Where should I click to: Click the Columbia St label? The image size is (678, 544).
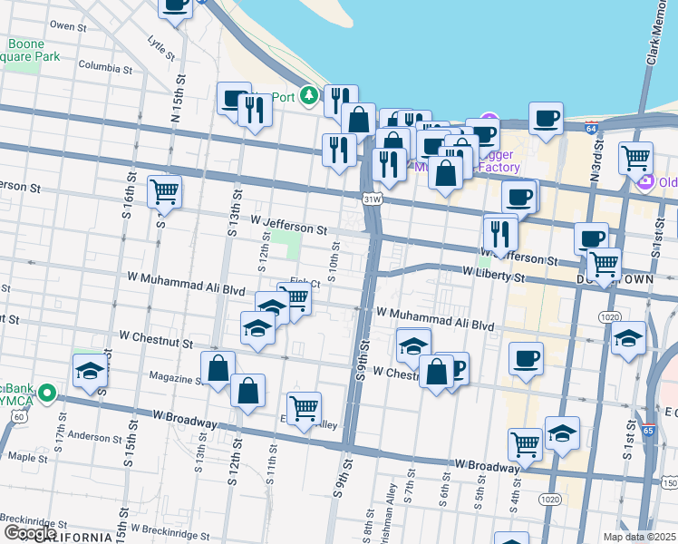(105, 66)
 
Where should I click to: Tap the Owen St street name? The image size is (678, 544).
(69, 26)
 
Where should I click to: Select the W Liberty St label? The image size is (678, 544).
(494, 271)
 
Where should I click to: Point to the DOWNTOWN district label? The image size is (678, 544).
(615, 280)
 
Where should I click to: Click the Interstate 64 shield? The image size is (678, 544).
(591, 130)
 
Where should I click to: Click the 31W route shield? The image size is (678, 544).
(371, 198)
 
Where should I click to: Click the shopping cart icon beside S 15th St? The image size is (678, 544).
(164, 191)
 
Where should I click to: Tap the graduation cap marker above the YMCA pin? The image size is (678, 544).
(91, 370)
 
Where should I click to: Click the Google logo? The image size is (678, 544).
(30, 533)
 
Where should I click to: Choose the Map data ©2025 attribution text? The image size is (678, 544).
(638, 537)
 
